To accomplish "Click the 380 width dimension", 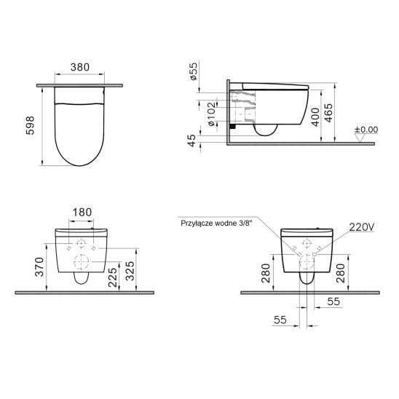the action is point(80,67).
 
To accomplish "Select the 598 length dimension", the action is point(30,125).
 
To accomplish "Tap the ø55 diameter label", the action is point(194,71).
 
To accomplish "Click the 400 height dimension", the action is point(315,117).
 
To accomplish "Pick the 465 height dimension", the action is point(328,113).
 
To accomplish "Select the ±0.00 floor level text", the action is point(366,130).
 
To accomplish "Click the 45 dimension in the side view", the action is point(191,141).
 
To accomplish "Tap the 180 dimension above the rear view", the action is point(82,212).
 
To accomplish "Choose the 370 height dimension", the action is point(40,267).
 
